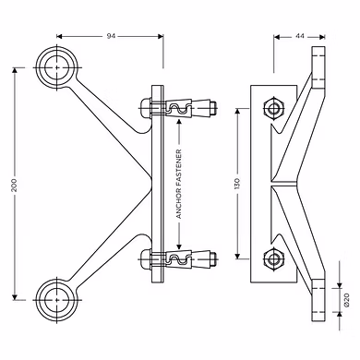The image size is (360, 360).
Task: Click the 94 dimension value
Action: (x=111, y=36)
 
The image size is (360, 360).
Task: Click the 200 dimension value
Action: (x=14, y=185)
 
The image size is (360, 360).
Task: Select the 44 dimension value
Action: (x=300, y=36)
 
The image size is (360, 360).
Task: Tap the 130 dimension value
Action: (x=237, y=183)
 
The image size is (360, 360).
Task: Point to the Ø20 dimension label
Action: (x=347, y=300)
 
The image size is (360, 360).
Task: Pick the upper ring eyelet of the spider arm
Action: (x=57, y=67)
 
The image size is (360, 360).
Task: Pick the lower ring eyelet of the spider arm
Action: (x=57, y=300)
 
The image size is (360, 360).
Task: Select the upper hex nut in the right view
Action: (x=273, y=109)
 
